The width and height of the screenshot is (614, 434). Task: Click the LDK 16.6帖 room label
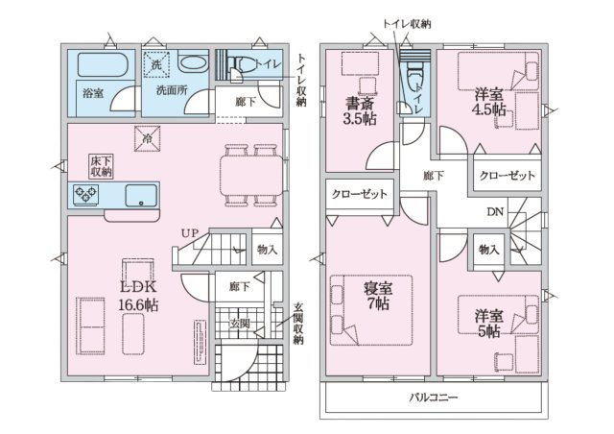coord(138,296)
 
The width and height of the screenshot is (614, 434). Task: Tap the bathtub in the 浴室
coord(103,64)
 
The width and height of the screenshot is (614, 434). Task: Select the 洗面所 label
coord(172,90)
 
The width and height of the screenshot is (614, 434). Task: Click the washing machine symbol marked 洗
coord(156,63)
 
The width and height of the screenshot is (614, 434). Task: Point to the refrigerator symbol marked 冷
coord(147,138)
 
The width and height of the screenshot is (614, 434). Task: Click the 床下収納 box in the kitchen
coord(101,166)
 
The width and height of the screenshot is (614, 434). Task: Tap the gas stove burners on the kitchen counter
coord(85,194)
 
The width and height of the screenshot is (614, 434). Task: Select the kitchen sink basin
coord(141,195)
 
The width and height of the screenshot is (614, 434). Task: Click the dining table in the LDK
coord(251,176)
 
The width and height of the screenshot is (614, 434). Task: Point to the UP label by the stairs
coord(190,233)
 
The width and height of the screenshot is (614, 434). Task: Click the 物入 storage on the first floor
coord(267,249)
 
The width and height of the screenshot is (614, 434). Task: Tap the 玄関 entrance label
coord(239,324)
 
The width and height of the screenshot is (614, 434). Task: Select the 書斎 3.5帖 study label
coord(360,110)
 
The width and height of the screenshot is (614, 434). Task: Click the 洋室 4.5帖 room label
coord(489,102)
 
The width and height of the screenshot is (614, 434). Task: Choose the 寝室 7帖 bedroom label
coord(378,296)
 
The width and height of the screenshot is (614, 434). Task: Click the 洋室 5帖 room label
coord(489,324)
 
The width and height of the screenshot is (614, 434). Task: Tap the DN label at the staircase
coord(495,212)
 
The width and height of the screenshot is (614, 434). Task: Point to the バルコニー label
coord(434,398)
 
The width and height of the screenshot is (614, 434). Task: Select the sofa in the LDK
coord(90,325)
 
